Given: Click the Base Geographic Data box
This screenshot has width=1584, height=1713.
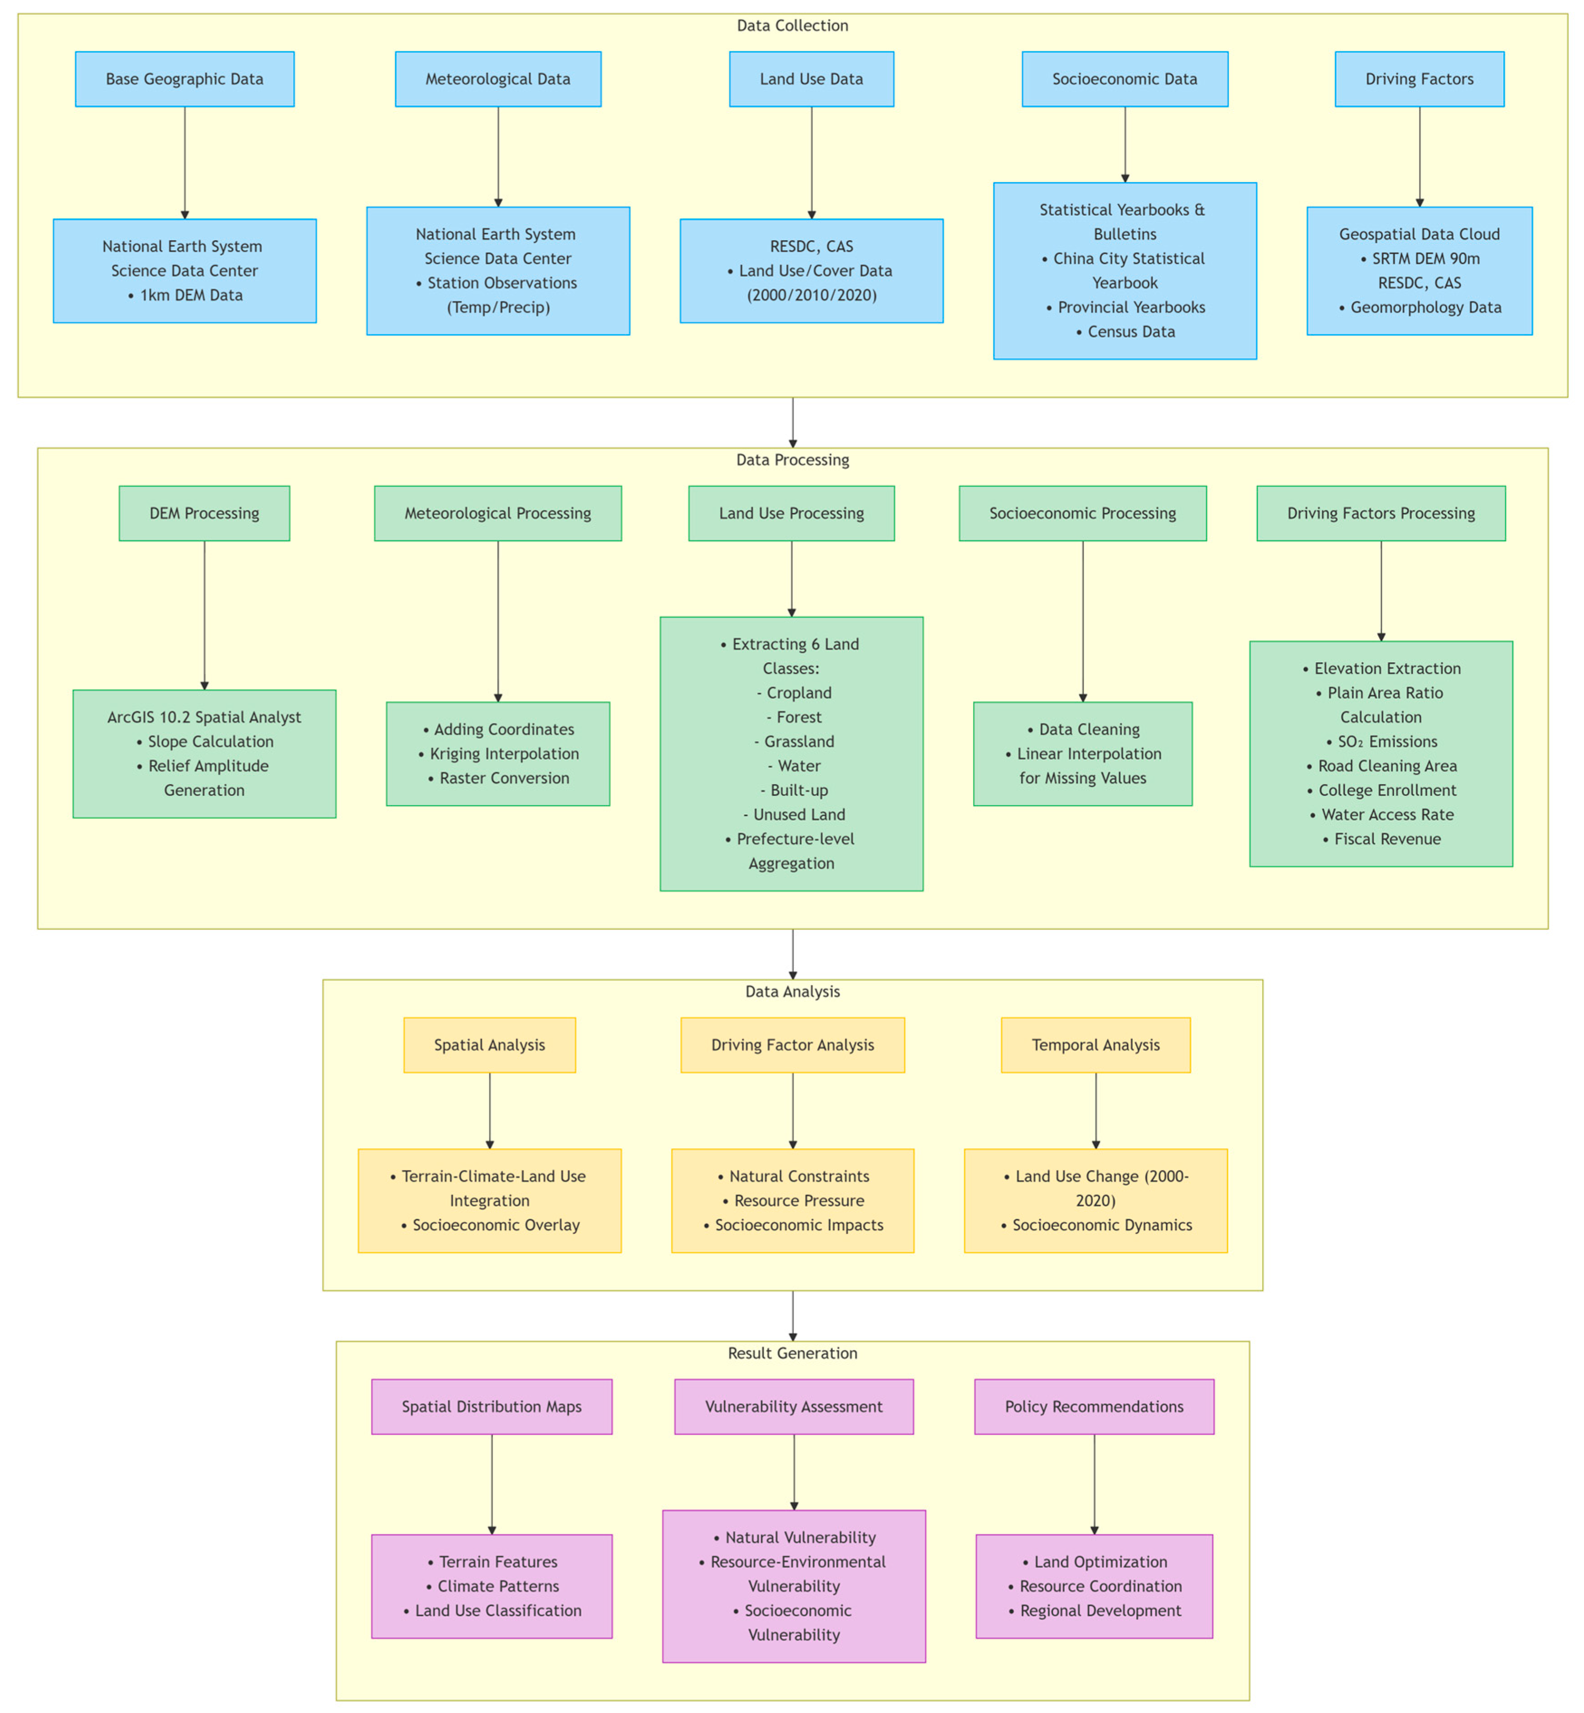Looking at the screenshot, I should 184,79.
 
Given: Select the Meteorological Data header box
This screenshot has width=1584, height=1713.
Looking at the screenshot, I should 498,79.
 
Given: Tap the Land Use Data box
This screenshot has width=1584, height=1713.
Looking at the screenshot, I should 811,79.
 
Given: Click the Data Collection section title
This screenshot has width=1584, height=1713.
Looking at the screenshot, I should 792,26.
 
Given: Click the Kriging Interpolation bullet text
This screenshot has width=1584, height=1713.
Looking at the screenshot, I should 504,754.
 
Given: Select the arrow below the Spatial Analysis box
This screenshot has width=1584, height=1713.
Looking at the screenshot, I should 489,1110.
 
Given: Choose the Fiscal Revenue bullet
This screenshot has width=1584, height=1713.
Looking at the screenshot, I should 1387,840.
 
